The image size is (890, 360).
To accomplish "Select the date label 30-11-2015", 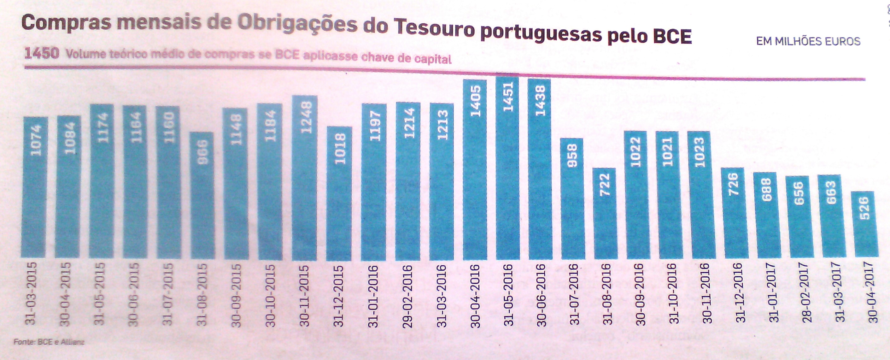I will (304, 296).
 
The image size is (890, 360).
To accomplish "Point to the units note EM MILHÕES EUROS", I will (808, 41).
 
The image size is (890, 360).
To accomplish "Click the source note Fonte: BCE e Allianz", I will (49, 342).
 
